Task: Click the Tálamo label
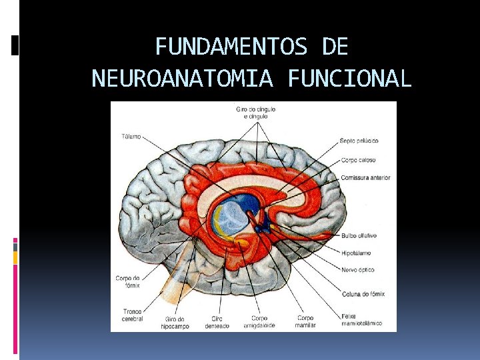[131, 137]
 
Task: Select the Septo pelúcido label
[359, 141]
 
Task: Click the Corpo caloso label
[358, 160]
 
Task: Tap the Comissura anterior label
[365, 178]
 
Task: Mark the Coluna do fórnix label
[363, 294]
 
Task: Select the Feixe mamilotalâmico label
[361, 319]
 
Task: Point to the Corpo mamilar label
[305, 321]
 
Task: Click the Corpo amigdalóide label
[260, 321]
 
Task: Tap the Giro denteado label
[216, 321]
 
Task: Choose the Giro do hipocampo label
[175, 323]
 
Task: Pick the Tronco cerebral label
[131, 315]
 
